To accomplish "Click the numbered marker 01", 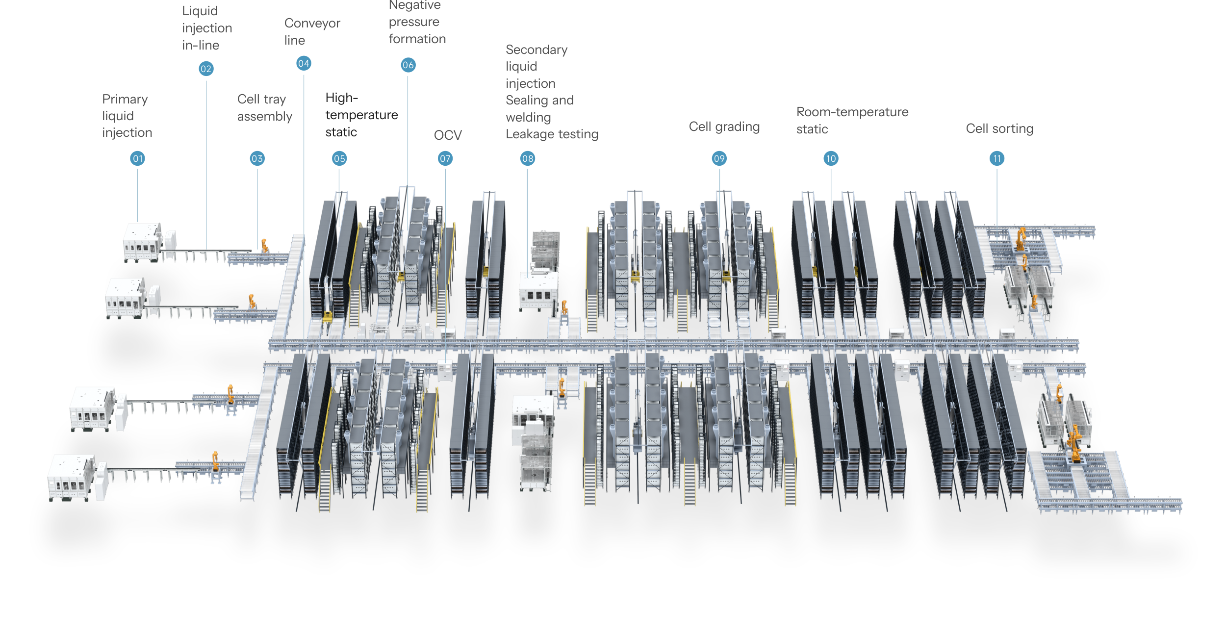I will point(138,158).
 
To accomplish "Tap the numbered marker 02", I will point(206,69).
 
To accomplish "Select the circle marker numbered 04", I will point(304,63).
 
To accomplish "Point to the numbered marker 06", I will point(408,65).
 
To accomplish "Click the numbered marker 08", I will point(528,158).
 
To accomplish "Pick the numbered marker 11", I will point(996,158).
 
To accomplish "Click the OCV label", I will point(448,135).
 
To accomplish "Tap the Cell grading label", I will point(724,127).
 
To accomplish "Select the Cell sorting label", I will point(999,129).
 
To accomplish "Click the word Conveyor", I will point(312,24).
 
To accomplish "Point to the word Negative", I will point(414,5).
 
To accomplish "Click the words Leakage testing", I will point(552,134).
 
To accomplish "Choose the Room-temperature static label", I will point(852,120).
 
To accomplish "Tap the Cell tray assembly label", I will point(264,108).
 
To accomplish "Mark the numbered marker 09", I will point(719,158).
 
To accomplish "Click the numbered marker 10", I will point(831,158).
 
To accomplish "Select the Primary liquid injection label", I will point(127,116).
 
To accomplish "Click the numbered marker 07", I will point(445,158).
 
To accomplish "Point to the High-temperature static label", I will point(361,115).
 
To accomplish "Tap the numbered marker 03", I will point(257,158).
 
